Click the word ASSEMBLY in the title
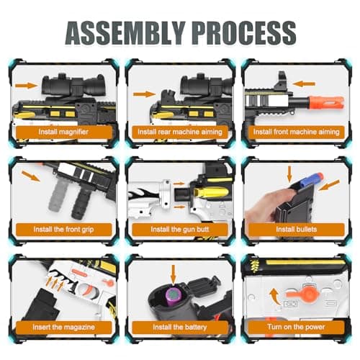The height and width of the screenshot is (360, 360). pyautogui.click(x=125, y=33)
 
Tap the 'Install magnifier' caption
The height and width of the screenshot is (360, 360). pyautogui.click(x=63, y=132)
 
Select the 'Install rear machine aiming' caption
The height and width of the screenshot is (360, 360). pyautogui.click(x=180, y=132)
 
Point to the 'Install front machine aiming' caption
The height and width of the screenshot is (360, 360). pyautogui.click(x=297, y=132)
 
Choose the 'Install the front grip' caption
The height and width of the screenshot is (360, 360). pyautogui.click(x=63, y=230)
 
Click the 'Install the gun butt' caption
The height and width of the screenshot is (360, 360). pyautogui.click(x=180, y=230)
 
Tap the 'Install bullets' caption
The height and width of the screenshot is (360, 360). pyautogui.click(x=297, y=229)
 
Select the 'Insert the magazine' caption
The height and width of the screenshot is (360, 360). pyautogui.click(x=63, y=327)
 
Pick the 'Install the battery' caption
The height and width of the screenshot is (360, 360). pyautogui.click(x=180, y=327)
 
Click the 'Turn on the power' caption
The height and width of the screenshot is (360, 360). pyautogui.click(x=297, y=327)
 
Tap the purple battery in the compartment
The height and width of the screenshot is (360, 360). pyautogui.click(x=172, y=297)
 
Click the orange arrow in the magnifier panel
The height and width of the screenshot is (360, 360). pyautogui.click(x=27, y=86)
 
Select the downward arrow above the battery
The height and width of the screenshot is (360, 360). pyautogui.click(x=174, y=274)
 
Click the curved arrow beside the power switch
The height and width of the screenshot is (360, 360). pyautogui.click(x=274, y=297)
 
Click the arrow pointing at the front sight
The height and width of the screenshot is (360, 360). pyautogui.click(x=304, y=84)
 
